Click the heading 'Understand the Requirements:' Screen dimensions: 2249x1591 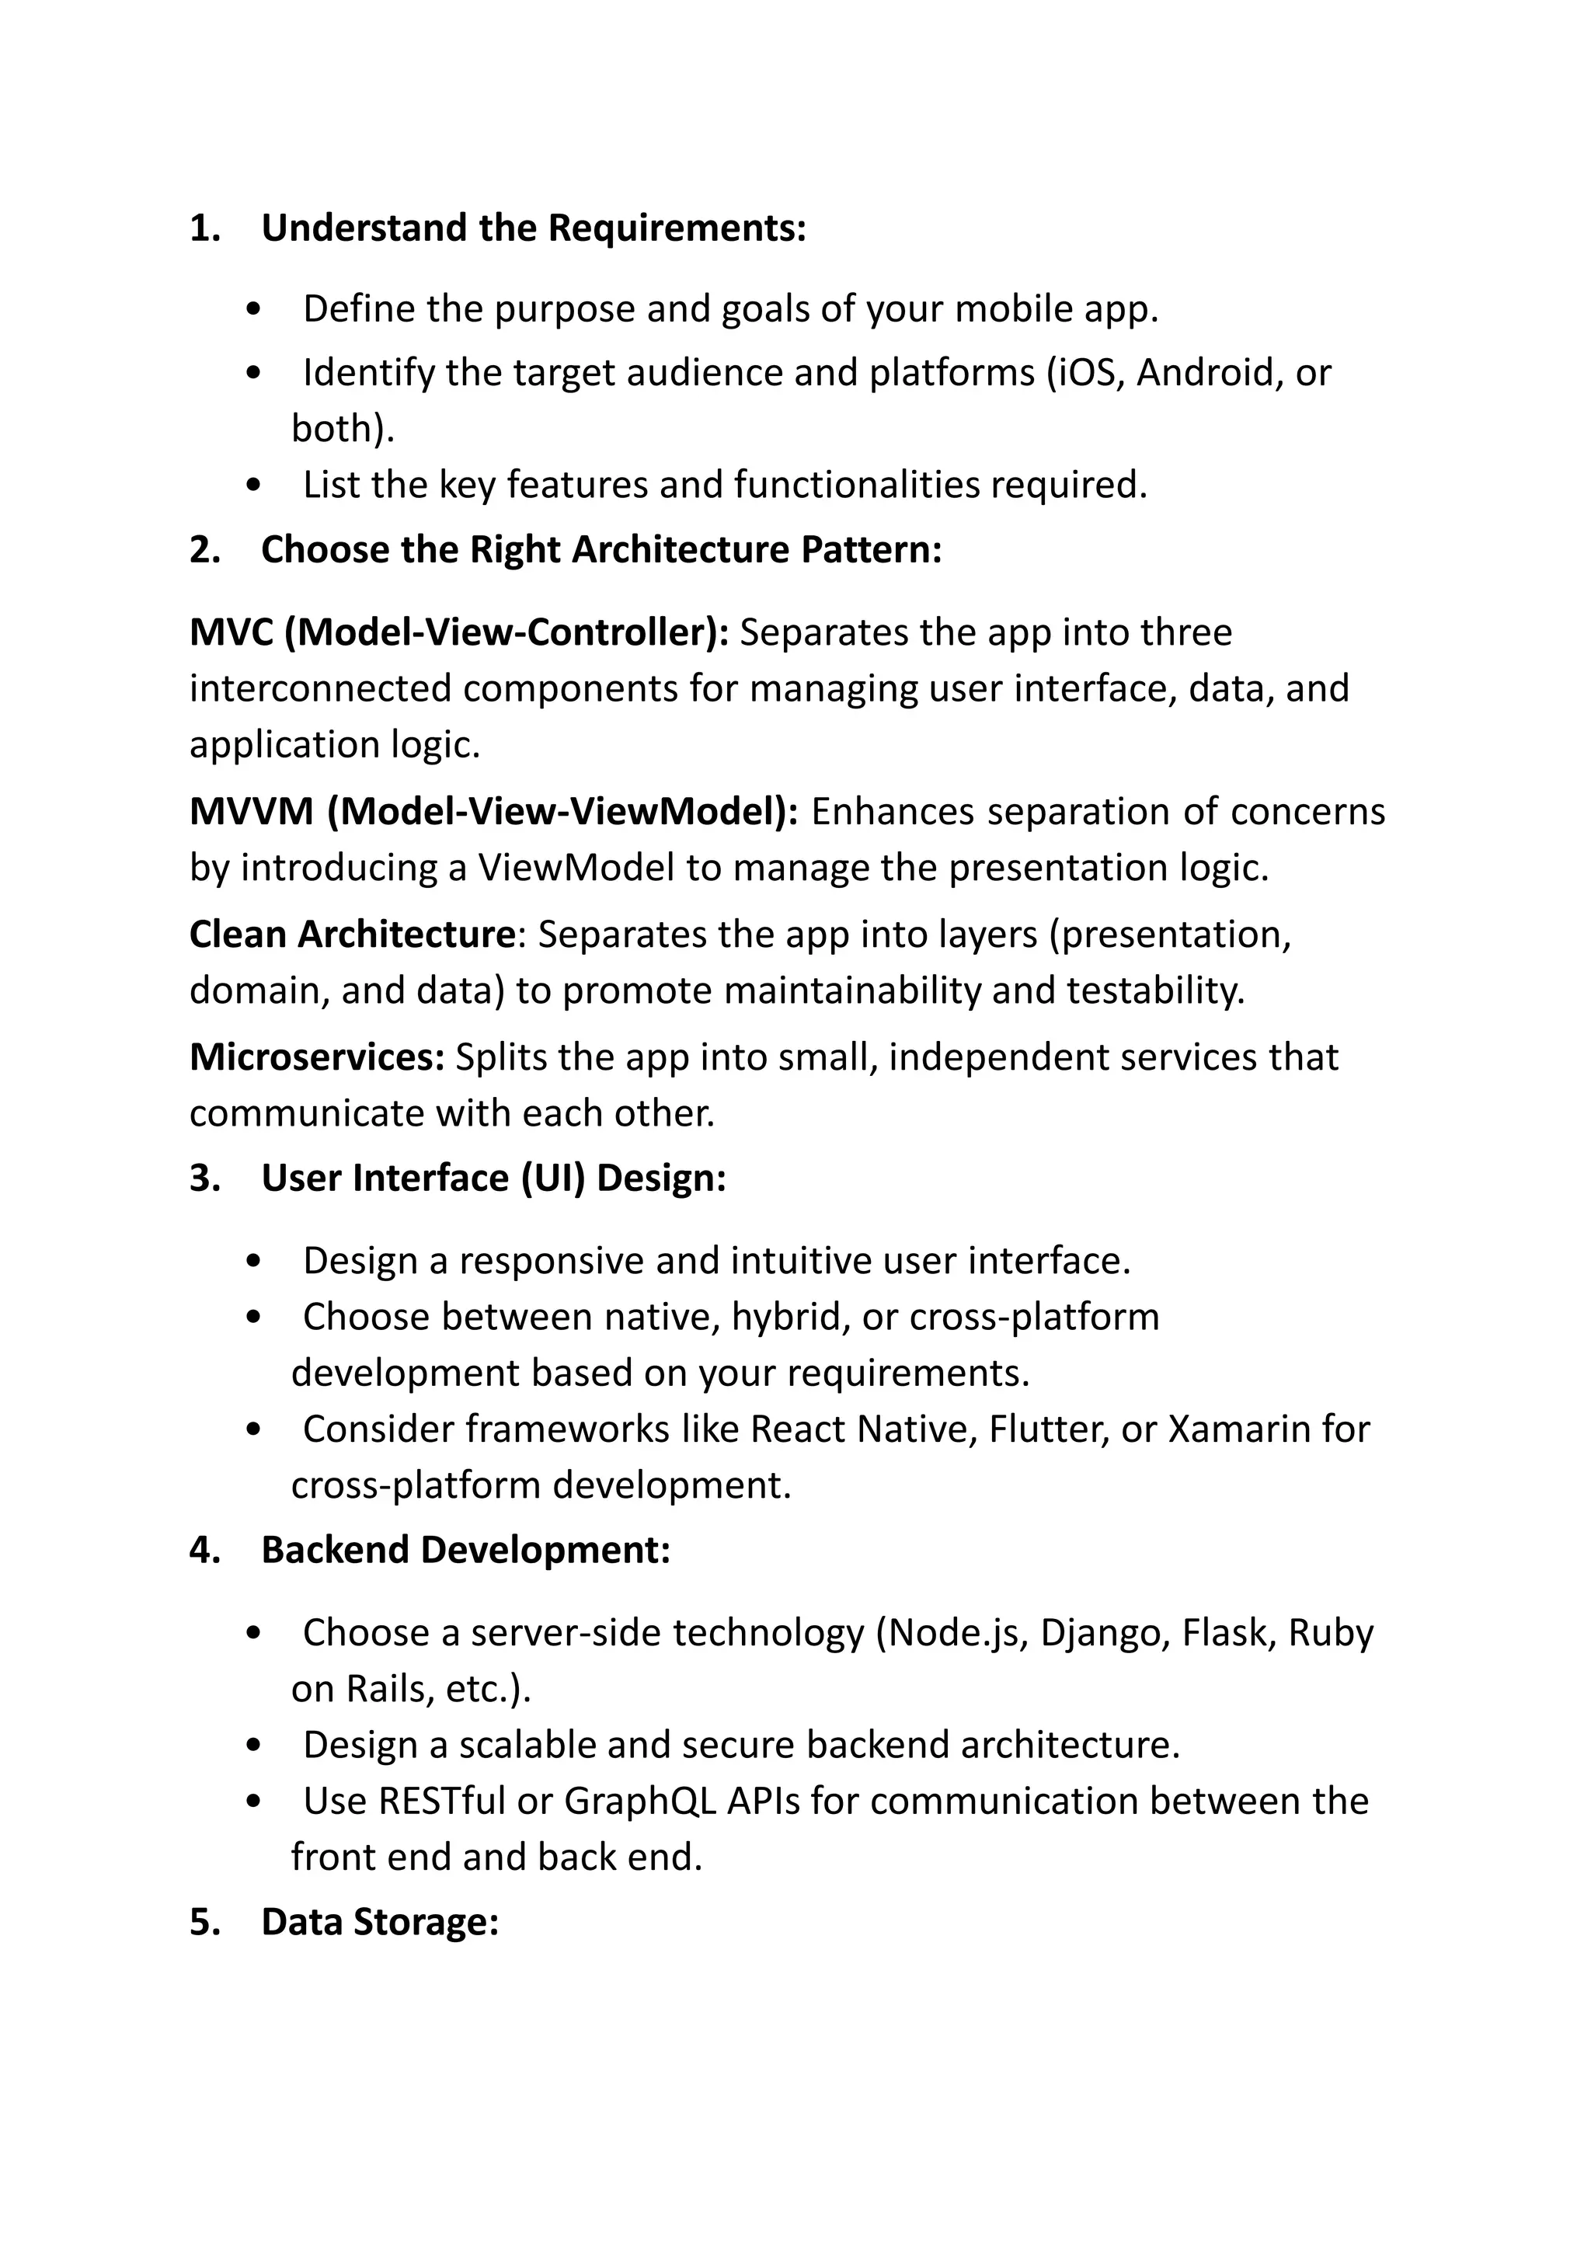pyautogui.click(x=534, y=228)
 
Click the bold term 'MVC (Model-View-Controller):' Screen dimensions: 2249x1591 pyautogui.click(x=458, y=633)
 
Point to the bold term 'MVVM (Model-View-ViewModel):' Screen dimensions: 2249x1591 pyautogui.click(x=494, y=812)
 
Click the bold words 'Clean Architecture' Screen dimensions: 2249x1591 pyautogui.click(x=352, y=935)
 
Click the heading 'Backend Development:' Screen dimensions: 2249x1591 pyautogui.click(x=465, y=1551)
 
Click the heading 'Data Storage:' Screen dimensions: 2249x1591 pyautogui.click(x=380, y=1923)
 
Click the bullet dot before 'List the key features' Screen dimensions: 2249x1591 pyautogui.click(x=255, y=486)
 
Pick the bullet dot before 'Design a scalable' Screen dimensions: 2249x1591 pyautogui.click(x=255, y=1746)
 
